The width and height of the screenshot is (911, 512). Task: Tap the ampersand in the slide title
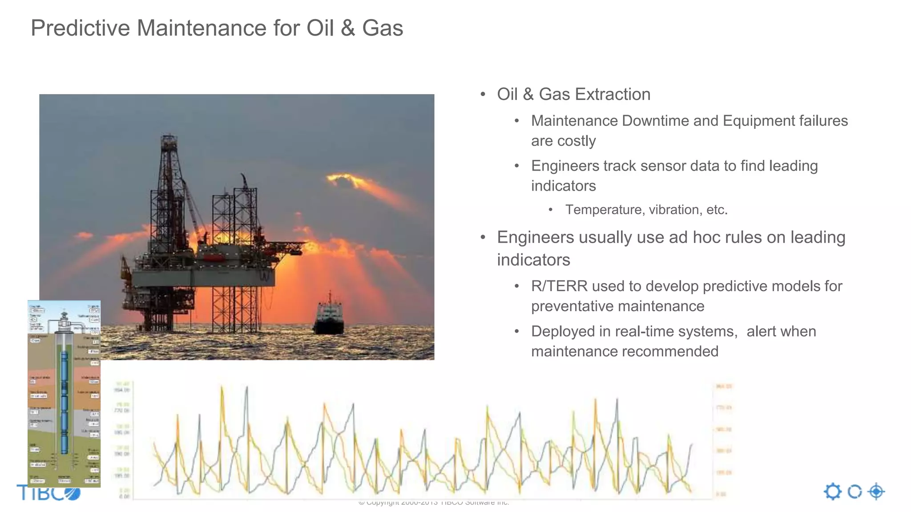tap(347, 28)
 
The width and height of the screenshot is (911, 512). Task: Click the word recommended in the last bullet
tap(676, 352)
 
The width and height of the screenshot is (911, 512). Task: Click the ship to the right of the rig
tap(329, 316)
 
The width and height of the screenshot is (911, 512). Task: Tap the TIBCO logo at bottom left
tap(48, 492)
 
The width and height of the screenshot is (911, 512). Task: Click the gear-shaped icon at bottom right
tap(832, 492)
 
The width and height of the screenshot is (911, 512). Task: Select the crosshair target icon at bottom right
tap(876, 492)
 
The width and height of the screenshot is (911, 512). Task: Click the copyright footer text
tap(434, 503)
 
